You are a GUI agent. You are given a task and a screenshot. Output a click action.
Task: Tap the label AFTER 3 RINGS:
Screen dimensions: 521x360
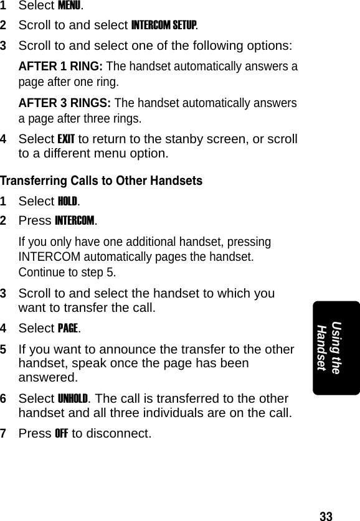tap(65, 103)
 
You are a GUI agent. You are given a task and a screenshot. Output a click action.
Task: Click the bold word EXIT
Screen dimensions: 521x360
tap(67, 138)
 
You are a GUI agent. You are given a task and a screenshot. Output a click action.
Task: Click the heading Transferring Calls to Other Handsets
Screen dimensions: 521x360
tap(101, 181)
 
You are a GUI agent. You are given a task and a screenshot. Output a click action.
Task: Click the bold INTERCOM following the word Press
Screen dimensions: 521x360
tap(75, 221)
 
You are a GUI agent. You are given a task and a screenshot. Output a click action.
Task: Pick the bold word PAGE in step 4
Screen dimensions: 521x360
tap(68, 328)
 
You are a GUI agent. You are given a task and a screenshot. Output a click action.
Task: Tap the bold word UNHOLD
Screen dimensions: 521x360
tap(73, 398)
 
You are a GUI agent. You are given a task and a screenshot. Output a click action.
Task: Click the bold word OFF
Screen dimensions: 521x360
tap(62, 433)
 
